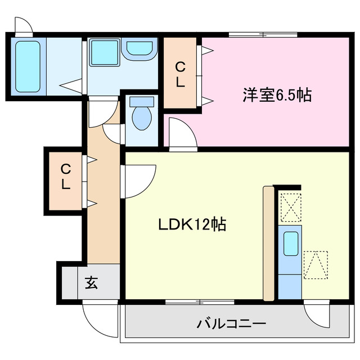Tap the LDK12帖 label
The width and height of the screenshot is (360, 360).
click(191, 225)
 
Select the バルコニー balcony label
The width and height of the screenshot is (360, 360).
click(231, 324)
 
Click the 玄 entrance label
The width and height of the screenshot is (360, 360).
click(92, 282)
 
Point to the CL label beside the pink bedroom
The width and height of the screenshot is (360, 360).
click(180, 74)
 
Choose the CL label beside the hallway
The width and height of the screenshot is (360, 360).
click(66, 176)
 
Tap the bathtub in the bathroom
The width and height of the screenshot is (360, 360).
click(27, 65)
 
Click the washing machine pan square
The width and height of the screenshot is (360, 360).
click(103, 53)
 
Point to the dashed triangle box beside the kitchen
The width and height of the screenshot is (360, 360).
click(316, 264)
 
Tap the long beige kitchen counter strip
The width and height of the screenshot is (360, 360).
click(268, 243)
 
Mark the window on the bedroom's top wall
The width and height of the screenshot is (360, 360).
click(263, 35)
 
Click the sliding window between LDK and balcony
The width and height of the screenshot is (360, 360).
click(200, 301)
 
